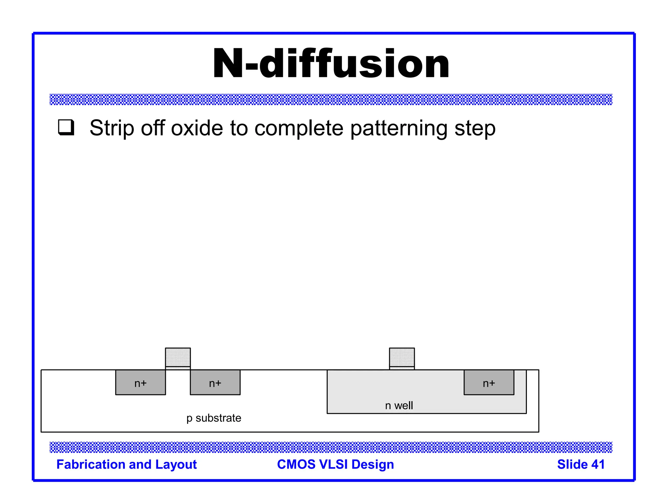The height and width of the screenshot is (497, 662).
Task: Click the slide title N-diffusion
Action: pyautogui.click(x=331, y=64)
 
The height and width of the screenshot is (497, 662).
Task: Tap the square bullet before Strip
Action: pyautogui.click(x=66, y=127)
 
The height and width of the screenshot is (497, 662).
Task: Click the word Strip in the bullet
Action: pyautogui.click(x=112, y=128)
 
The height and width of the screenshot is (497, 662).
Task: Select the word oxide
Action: pyautogui.click(x=197, y=128)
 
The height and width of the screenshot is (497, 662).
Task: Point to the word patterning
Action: pyautogui.click(x=399, y=129)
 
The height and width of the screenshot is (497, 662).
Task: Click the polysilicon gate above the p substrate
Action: pyautogui.click(x=178, y=357)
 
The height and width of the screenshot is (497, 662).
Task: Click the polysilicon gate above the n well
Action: pyautogui.click(x=402, y=357)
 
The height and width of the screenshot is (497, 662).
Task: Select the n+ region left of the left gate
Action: pyautogui.click(x=141, y=382)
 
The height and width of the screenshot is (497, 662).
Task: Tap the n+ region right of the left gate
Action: pyautogui.click(x=215, y=382)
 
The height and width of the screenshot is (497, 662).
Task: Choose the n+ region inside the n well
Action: pyautogui.click(x=489, y=382)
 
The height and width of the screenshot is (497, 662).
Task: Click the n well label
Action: pyautogui.click(x=399, y=405)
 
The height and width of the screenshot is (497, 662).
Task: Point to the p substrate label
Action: pyautogui.click(x=214, y=418)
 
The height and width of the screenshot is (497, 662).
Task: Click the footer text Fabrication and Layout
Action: pyautogui.click(x=126, y=464)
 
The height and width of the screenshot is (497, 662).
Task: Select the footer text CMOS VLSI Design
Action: pyautogui.click(x=336, y=464)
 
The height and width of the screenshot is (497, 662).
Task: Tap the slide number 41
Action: pyautogui.click(x=598, y=464)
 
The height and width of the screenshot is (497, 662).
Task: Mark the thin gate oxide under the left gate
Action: pyautogui.click(x=178, y=368)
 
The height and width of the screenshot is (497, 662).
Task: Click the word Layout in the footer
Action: pyautogui.click(x=176, y=464)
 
